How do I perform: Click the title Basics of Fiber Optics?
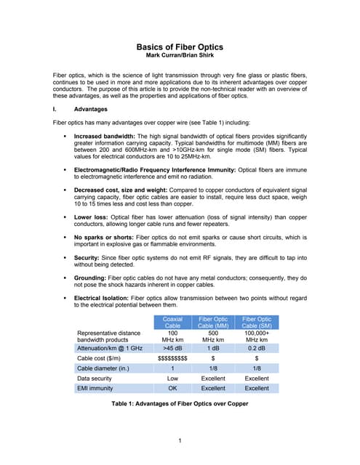tap(179, 46)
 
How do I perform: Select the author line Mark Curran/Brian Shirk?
tap(179, 56)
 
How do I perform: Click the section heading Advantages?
tap(90, 110)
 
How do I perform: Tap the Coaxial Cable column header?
tap(172, 322)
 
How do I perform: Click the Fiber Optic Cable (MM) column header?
tap(213, 322)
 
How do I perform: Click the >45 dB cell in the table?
tap(172, 348)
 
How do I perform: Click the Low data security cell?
tap(172, 379)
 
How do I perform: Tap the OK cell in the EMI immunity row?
tap(172, 389)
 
